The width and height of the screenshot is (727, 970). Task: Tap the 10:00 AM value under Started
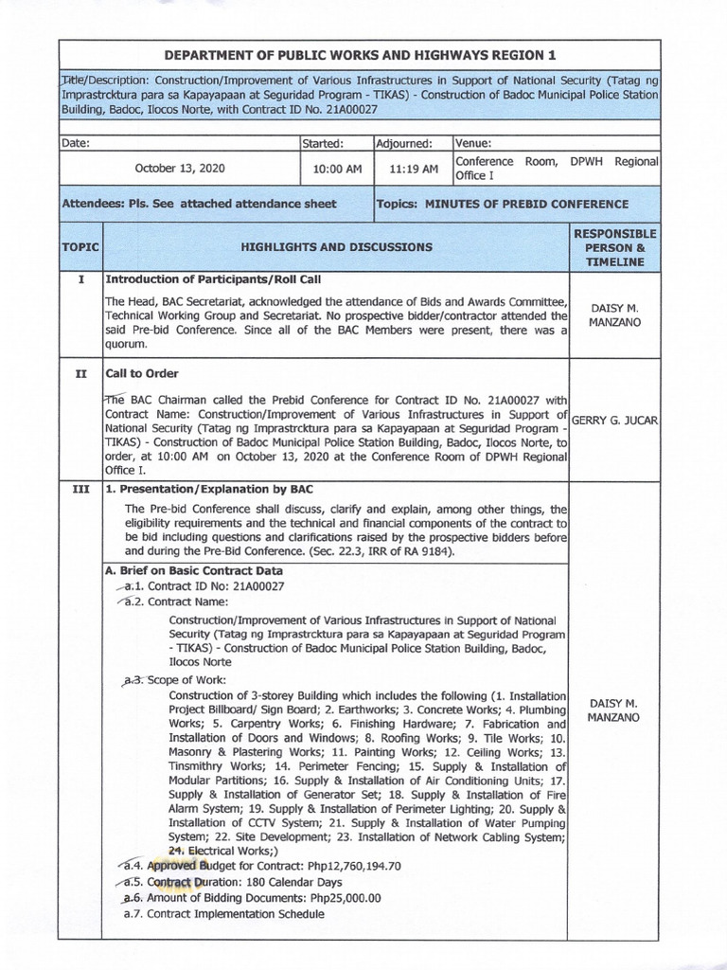click(x=337, y=170)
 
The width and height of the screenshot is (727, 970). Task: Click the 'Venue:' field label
click(x=473, y=143)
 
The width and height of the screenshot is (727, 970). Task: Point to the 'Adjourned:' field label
click(x=404, y=143)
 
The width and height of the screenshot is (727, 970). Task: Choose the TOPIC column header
click(x=80, y=247)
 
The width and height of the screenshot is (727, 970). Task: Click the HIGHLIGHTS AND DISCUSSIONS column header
click(x=336, y=247)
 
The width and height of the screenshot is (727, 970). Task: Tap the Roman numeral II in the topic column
click(x=81, y=374)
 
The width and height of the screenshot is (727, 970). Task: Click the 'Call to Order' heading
click(x=142, y=374)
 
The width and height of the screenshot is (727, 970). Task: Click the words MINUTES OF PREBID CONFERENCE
click(x=525, y=204)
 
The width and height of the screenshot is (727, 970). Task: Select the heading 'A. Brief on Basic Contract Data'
click(x=193, y=571)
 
